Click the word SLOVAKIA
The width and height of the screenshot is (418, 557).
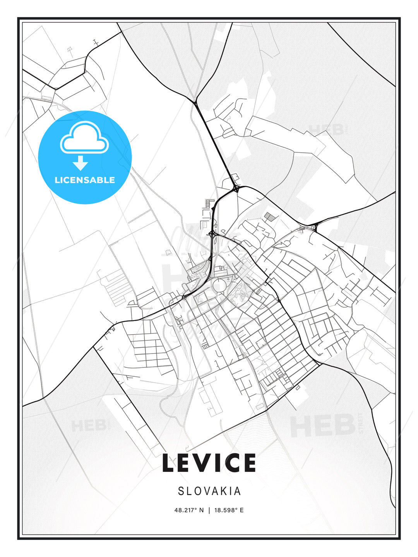point(209,491)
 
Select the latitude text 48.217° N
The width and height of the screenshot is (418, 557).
point(189,510)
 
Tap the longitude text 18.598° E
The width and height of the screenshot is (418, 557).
point(228,510)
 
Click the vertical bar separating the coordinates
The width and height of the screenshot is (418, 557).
point(209,510)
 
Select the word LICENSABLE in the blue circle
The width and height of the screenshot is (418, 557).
point(85,180)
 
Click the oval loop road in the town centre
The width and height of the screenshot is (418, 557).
point(219,285)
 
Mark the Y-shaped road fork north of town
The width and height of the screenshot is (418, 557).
point(196,101)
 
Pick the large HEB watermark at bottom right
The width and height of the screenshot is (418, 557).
point(323,425)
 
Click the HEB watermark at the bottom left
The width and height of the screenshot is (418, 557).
point(88,426)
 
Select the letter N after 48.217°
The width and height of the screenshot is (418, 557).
point(201,510)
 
